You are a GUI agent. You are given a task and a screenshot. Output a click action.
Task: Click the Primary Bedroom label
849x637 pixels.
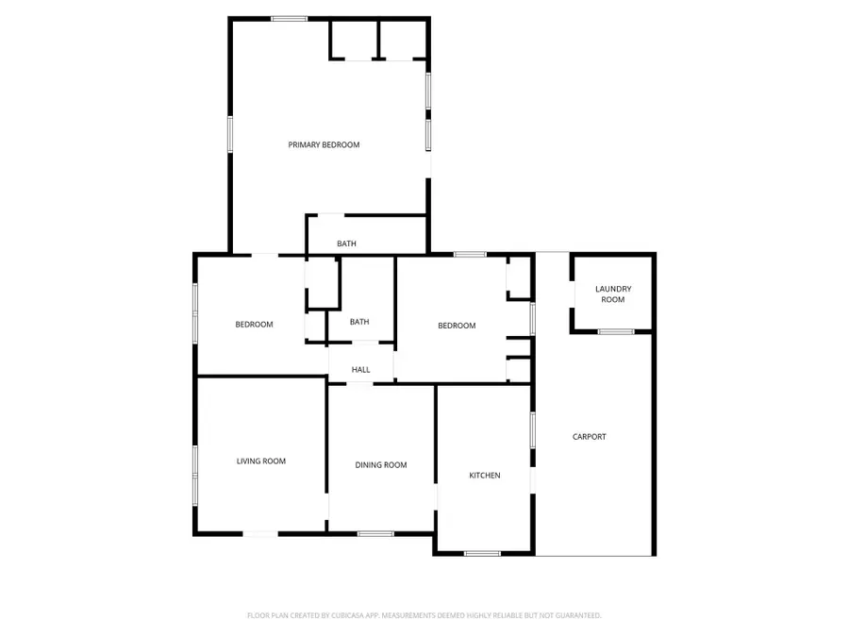coord(324,144)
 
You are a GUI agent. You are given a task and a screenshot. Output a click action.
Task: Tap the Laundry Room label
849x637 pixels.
coord(613,293)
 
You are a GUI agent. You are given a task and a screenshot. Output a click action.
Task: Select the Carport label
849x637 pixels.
coord(590,436)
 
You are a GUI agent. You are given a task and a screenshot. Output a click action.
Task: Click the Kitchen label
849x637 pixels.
coord(485,475)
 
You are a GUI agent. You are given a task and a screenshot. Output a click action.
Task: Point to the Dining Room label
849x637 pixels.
coord(381,464)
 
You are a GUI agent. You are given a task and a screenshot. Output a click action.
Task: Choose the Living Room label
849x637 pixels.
coord(260,461)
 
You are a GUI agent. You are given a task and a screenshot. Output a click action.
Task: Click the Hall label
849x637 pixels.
coord(361,370)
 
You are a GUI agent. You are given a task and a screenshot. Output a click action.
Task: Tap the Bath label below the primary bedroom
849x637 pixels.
coord(347,244)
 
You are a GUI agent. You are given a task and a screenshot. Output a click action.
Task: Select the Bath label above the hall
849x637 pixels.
coord(359,322)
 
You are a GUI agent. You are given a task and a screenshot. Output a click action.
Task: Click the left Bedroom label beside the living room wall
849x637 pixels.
coord(254,325)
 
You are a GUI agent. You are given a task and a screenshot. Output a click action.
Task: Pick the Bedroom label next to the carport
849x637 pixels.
coord(457,326)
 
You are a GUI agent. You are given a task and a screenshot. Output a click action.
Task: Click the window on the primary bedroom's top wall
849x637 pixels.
coord(290,18)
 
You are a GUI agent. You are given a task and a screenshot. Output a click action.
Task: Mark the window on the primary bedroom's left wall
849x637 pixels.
coord(230,133)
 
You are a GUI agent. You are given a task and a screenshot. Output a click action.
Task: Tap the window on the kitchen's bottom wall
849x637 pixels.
coord(482,553)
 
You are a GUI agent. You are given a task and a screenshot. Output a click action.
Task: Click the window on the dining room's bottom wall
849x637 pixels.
coord(375,534)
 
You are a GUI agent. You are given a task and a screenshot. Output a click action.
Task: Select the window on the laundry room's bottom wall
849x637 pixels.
coord(617,331)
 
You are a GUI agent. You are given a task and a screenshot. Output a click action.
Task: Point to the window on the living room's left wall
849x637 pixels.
coord(195,473)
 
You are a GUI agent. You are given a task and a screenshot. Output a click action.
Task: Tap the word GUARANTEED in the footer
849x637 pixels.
coord(576,615)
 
